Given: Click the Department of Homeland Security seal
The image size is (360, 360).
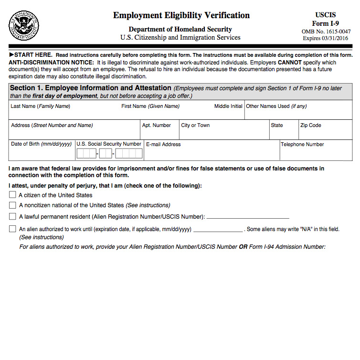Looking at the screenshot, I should click(24, 25).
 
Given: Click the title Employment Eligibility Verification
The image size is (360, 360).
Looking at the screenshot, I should click(181, 15).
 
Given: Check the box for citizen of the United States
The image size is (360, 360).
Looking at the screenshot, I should click(12, 195).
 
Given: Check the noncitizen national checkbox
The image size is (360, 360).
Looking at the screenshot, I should click(12, 205).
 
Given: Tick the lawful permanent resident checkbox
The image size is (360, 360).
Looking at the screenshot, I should click(12, 217).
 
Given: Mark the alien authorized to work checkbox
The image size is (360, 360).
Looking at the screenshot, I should click(12, 229).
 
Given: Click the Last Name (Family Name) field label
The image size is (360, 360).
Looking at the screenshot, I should click(40, 106).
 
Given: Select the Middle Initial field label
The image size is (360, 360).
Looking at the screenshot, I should click(228, 106).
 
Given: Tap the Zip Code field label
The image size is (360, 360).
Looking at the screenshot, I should click(310, 125).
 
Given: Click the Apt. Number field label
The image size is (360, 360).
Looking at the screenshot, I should click(157, 125).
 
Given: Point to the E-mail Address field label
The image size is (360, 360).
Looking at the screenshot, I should click(163, 144).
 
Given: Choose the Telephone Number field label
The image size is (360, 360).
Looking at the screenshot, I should click(302, 144).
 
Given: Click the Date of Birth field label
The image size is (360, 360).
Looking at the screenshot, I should click(41, 144).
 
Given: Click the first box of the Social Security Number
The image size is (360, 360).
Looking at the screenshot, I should click(86, 154).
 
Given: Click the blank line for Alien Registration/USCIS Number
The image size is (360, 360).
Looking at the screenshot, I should click(248, 218).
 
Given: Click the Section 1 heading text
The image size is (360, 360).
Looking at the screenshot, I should click(90, 88).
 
